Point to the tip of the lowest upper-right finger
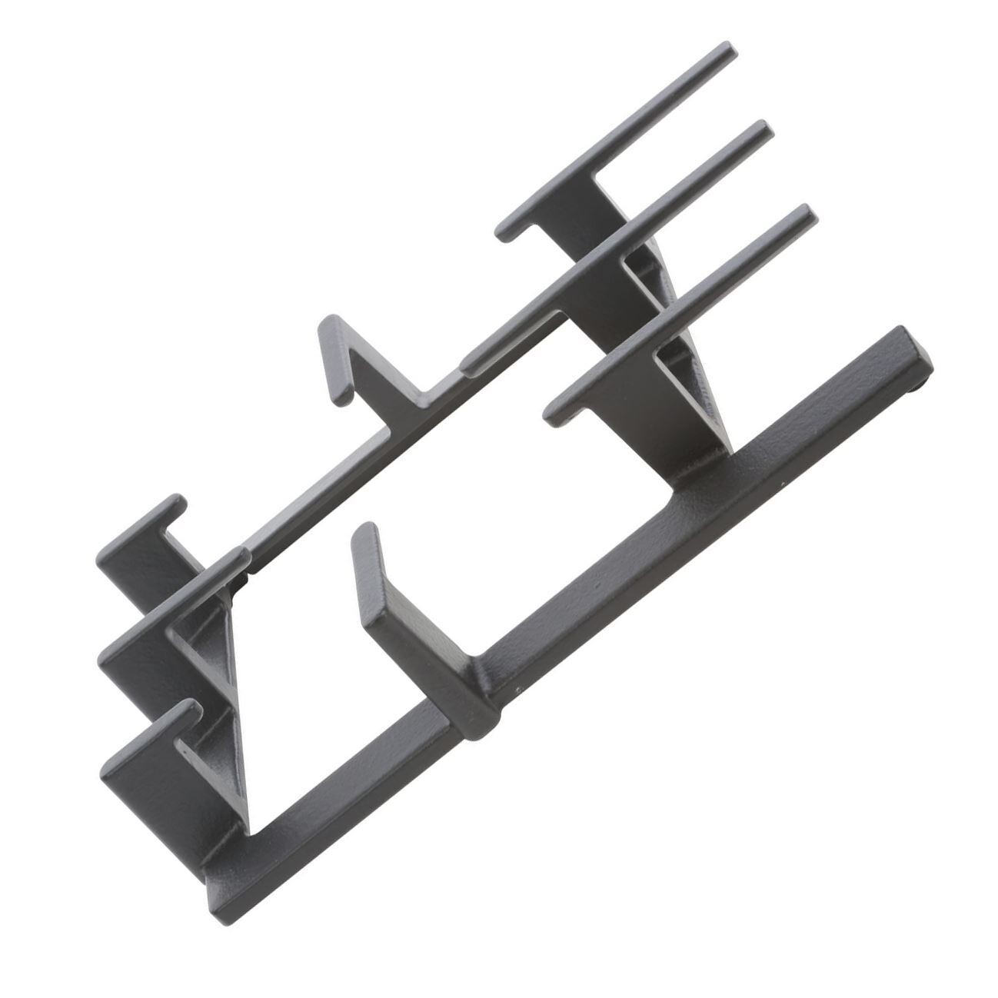(x=805, y=215)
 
